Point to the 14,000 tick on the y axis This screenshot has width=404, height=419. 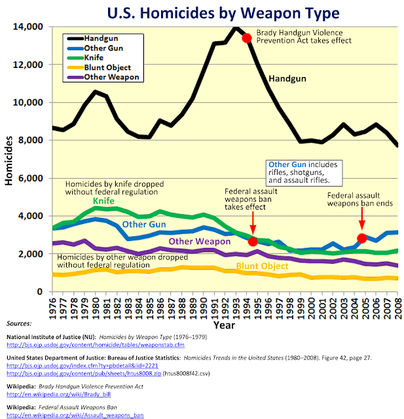click(29, 27)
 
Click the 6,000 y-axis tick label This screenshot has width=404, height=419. click(31, 178)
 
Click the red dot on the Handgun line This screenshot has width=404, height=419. click(247, 38)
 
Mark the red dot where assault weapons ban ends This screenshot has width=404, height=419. click(362, 238)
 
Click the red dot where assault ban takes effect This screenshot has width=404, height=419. click(253, 242)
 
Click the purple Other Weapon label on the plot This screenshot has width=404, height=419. click(200, 242)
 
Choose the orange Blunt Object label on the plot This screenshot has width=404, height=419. click(263, 266)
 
